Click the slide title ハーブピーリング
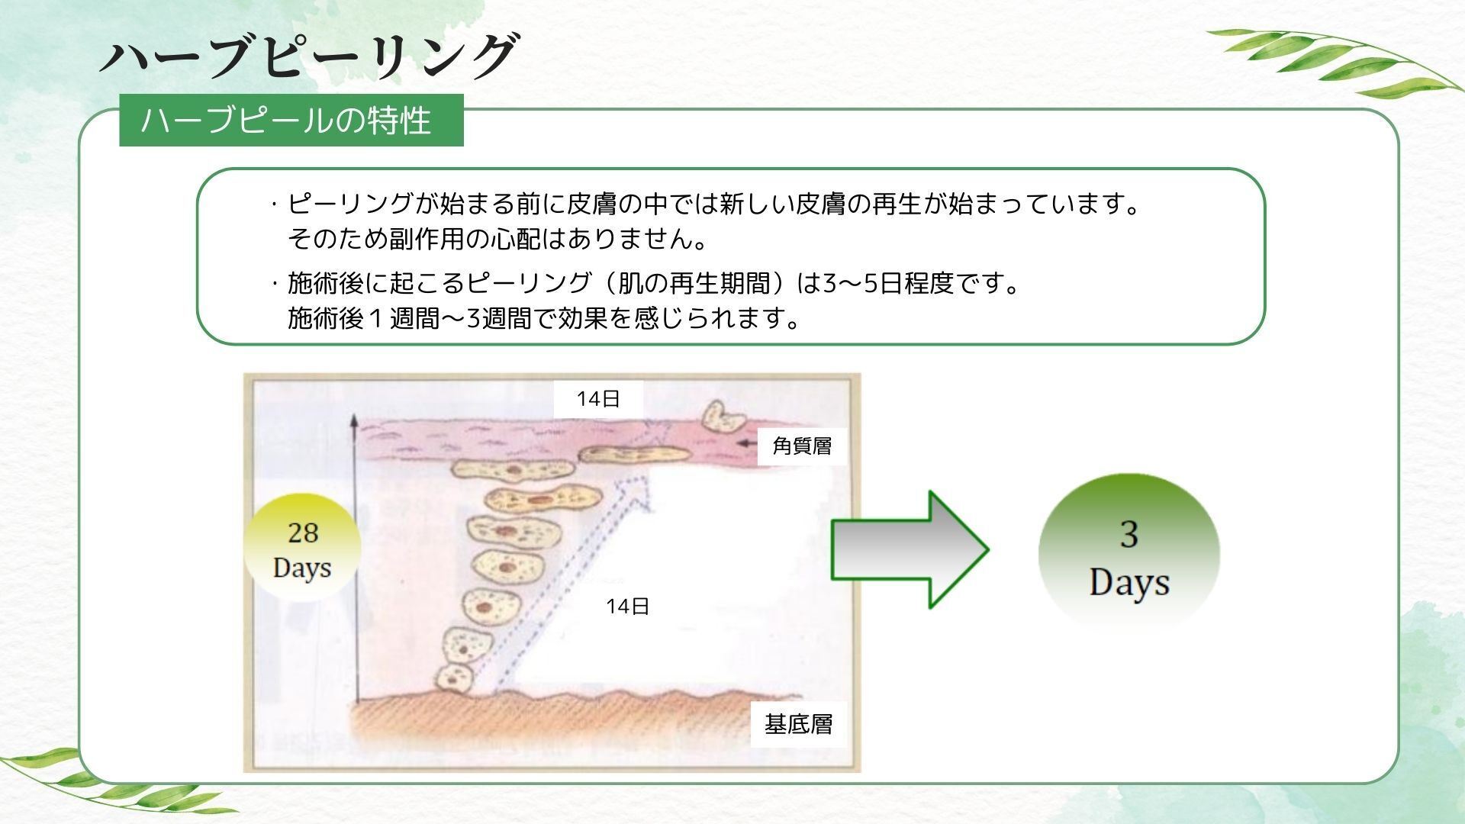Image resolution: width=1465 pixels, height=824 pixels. [309, 56]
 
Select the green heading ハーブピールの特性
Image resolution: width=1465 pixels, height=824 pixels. [291, 120]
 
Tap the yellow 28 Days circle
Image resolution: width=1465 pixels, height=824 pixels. [302, 549]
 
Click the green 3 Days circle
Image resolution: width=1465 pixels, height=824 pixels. [1129, 552]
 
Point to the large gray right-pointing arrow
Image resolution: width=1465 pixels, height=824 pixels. [910, 549]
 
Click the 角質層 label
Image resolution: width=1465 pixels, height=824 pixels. [802, 446]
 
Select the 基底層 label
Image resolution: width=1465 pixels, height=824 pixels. [798, 723]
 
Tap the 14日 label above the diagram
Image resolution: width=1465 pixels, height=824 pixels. [598, 399]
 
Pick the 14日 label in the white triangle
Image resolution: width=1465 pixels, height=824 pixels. [627, 607]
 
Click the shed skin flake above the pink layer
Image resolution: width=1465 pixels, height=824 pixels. [723, 416]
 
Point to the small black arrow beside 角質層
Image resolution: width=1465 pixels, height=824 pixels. [749, 443]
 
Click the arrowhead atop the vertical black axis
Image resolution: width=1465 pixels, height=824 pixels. [354, 421]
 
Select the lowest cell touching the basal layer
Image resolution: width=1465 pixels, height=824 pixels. [456, 677]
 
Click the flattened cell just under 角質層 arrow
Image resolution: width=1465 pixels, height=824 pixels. [635, 455]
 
